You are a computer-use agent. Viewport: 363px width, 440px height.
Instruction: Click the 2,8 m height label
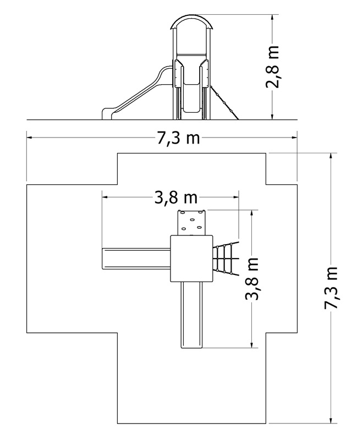[272, 67]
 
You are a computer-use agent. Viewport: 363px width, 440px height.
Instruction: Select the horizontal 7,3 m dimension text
[178, 139]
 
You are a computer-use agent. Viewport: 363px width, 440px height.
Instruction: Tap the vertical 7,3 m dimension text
[331, 288]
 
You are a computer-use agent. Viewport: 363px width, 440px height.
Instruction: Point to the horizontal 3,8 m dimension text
[176, 198]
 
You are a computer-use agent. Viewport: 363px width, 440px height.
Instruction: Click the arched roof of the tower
[193, 16]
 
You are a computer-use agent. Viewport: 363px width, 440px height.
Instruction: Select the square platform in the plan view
[191, 258]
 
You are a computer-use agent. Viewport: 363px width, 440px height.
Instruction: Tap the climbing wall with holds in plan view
[192, 222]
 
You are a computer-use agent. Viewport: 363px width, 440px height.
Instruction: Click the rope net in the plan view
[226, 258]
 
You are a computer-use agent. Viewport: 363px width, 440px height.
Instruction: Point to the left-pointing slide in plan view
[136, 258]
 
